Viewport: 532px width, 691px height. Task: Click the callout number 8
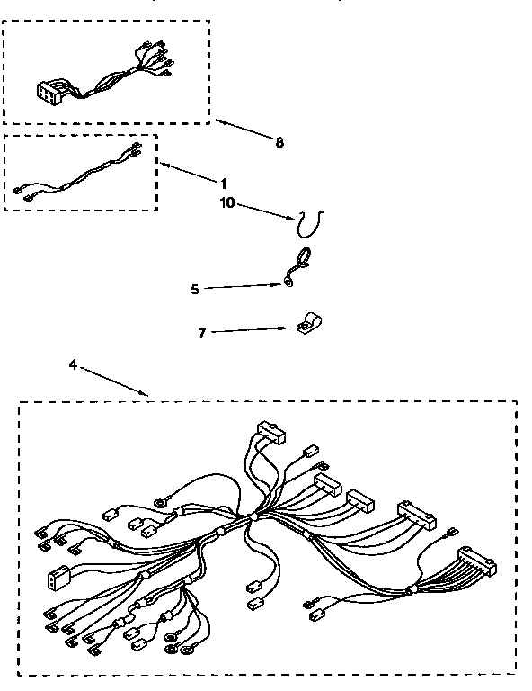point(279,142)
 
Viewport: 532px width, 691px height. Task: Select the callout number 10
point(226,203)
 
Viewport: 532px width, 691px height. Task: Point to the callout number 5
point(195,289)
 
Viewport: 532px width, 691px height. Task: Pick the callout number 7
point(202,333)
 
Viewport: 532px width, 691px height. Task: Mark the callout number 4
point(73,364)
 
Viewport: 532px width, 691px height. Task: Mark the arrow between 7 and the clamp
point(257,330)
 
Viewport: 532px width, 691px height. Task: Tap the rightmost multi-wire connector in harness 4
point(475,561)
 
